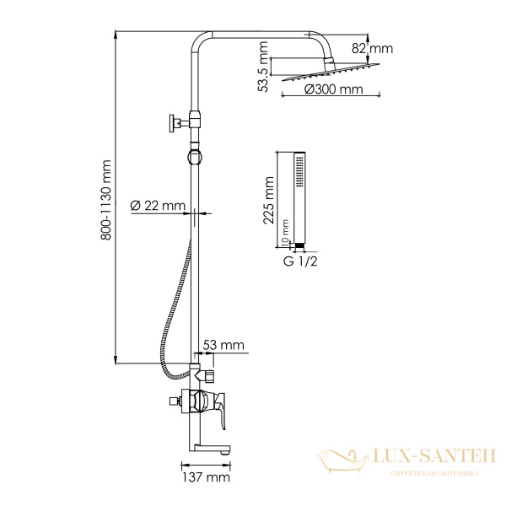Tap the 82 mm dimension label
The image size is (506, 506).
379,49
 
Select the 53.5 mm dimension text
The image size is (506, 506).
265,71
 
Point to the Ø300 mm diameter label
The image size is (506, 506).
334,89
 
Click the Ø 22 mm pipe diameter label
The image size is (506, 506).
158,205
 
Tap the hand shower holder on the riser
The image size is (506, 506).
195,156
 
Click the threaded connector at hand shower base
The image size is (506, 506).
297,245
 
